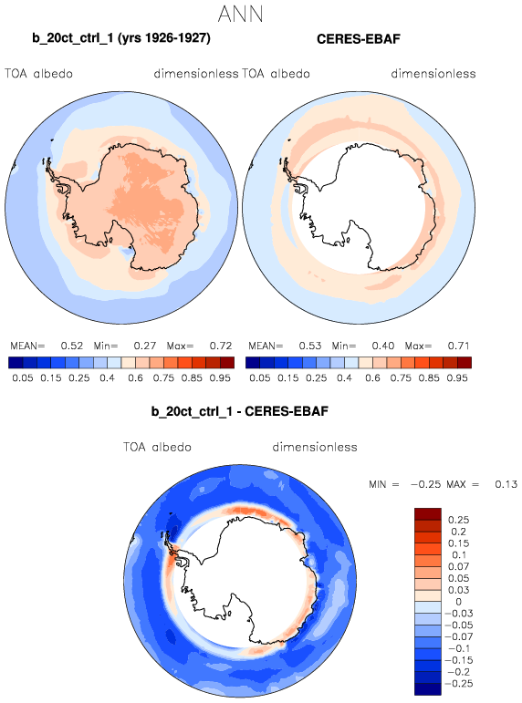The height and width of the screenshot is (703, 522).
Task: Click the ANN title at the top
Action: click(240, 14)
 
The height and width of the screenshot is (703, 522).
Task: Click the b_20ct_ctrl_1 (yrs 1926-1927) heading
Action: click(121, 38)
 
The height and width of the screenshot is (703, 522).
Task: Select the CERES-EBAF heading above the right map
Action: click(358, 39)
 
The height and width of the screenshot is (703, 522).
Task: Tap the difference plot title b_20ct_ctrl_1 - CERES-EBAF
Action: click(240, 411)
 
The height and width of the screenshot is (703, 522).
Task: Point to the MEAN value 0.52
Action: click(72, 346)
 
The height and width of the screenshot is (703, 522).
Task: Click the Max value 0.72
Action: click(220, 346)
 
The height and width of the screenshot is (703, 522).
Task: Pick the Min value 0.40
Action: click(383, 346)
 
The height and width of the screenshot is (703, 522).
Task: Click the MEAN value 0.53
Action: click(310, 346)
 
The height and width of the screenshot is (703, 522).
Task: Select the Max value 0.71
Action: click(458, 346)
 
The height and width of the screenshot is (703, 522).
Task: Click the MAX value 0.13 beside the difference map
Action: click(506, 484)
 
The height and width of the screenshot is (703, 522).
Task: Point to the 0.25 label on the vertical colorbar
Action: click(458, 520)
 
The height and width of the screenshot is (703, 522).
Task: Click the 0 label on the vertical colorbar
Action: click(458, 602)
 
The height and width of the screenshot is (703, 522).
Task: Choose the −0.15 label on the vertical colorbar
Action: click(457, 660)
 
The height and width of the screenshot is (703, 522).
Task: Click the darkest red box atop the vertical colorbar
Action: click(428, 513)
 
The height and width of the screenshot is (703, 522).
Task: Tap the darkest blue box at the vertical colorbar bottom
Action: click(428, 689)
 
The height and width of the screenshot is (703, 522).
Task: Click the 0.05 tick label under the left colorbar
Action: click(23, 378)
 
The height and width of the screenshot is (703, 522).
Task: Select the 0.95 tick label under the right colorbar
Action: click(457, 378)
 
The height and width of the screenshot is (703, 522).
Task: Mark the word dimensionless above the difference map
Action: click(315, 447)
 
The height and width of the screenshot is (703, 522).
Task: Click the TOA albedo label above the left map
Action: click(38, 74)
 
